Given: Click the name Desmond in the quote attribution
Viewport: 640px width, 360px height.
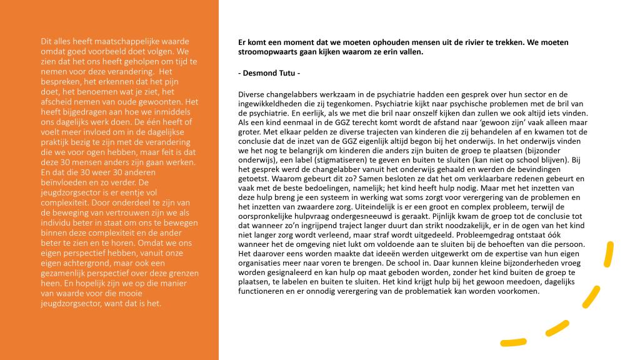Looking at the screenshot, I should coord(262,74).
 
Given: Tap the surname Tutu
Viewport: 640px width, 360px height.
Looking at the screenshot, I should coord(289,74).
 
